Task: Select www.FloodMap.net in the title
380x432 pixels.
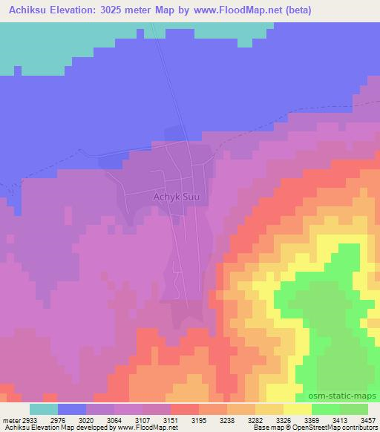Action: point(231,10)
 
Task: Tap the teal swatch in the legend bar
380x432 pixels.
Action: point(44,409)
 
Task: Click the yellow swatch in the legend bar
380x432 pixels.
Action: point(298,409)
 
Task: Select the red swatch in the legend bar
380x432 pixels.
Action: point(185,409)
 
